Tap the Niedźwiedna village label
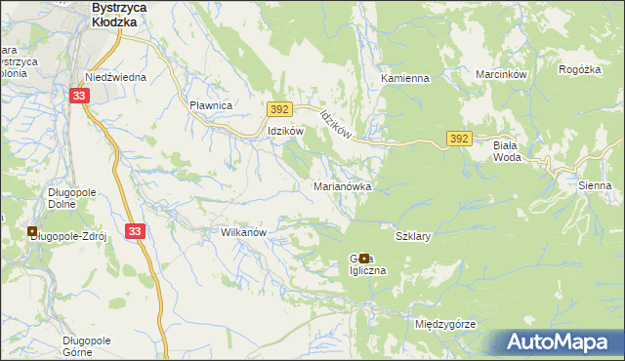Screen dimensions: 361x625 pos(115,77)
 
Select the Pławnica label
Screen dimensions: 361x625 pos(210,105)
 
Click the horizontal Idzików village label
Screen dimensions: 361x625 pos(286,131)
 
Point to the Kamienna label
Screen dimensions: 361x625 pos(405,78)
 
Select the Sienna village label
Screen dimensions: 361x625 pos(594,184)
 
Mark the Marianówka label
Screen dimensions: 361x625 pos(341,185)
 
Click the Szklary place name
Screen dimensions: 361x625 pos(413,236)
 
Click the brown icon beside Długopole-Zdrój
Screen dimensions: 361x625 pos(34,233)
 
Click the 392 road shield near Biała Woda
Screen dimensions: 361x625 pos(461,140)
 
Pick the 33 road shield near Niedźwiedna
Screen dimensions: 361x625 pos(80,95)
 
